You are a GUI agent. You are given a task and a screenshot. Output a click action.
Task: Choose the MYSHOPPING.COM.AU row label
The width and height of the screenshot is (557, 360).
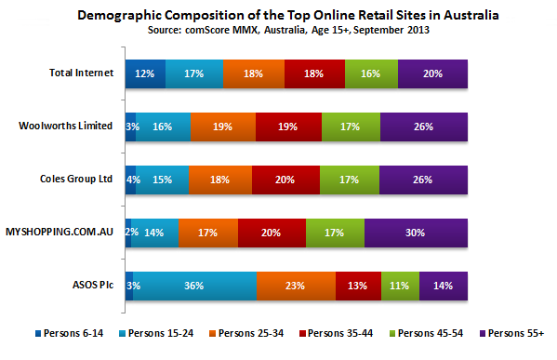[60, 232]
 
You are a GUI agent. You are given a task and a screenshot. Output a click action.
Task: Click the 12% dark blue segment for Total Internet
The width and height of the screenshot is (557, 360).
[144, 73]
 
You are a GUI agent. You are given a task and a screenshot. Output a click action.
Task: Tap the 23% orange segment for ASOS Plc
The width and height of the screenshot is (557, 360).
[296, 285]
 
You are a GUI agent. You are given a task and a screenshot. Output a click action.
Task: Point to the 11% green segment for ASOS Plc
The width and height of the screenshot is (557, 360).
[400, 285]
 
